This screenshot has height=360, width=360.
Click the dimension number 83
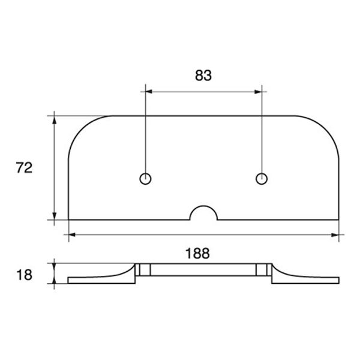tap(203, 76)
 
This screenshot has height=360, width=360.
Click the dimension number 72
tap(23, 168)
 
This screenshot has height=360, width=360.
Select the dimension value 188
tap(197, 253)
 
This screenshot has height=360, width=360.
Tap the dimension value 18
tap(23, 275)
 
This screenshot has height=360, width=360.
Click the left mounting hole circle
tap(145, 178)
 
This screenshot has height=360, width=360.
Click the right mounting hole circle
tap(261, 178)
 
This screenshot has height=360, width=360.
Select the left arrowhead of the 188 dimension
tap(73, 235)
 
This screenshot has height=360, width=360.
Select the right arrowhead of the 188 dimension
tap(334, 235)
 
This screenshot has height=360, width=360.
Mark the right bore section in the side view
tap(262, 270)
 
